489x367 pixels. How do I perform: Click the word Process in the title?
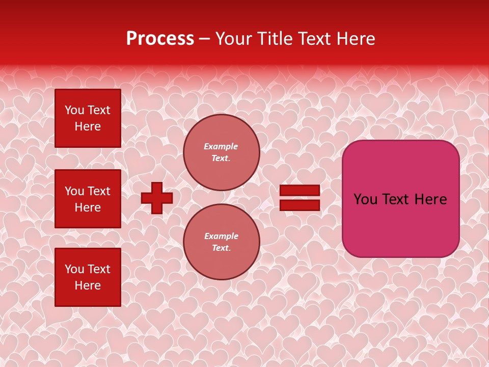pos(160,39)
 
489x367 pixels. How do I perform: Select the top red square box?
pos(88,118)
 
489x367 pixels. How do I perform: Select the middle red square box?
pos(88,199)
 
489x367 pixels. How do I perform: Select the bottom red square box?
pos(88,277)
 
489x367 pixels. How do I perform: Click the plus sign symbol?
pos(157,198)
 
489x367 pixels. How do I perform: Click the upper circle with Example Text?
pos(221,152)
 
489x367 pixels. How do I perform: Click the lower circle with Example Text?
pos(221,242)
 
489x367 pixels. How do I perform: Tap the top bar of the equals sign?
pos(300,190)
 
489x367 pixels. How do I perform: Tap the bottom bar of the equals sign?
pos(300,205)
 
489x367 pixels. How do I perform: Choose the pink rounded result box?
pos(400,199)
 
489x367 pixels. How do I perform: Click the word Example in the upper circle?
pos(221,146)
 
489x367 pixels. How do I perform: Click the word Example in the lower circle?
pos(221,236)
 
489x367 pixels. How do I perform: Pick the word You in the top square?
pos(74,110)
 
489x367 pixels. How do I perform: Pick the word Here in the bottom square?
pos(88,285)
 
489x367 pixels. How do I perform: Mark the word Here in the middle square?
pos(88,207)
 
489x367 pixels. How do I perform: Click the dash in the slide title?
pos(205,39)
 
